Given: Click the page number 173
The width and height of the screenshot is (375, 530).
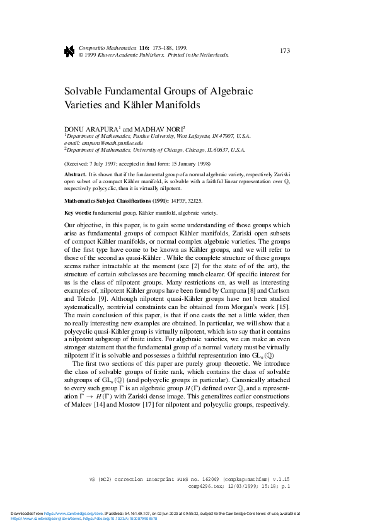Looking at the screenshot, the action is [284, 50].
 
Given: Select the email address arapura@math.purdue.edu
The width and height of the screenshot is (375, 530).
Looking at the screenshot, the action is [115, 143].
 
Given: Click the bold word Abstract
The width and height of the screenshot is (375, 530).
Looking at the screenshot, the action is [76, 173].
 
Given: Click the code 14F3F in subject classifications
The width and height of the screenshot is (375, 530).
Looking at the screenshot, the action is [180, 200].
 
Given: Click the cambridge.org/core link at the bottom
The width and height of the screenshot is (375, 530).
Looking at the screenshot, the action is [62, 514].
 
